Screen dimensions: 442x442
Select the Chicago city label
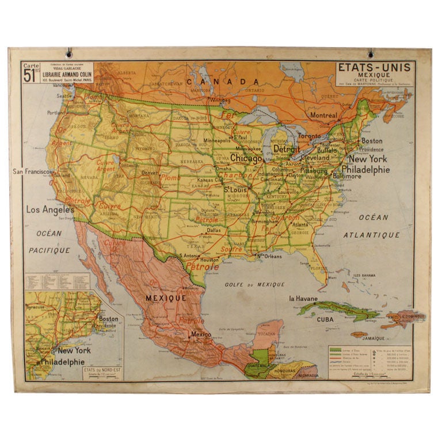[x=246, y=158]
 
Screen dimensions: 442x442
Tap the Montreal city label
[x=323, y=115]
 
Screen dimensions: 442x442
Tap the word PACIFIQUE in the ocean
[x=49, y=250]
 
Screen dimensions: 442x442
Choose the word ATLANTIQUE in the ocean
[x=371, y=235]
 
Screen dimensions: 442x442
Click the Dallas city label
[x=214, y=230]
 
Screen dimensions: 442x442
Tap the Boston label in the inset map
[x=109, y=319]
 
